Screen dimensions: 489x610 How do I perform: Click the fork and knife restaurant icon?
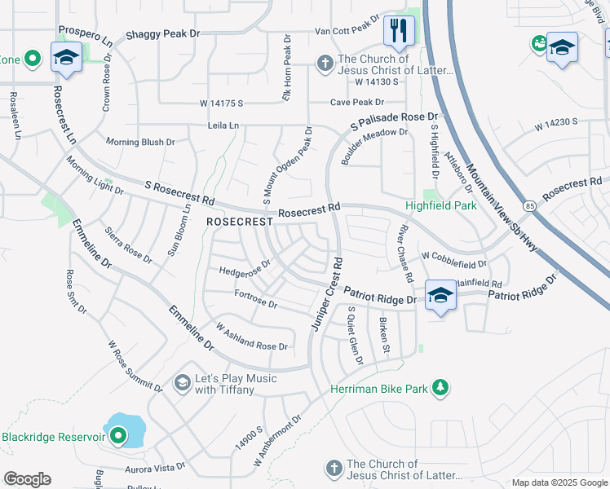[x=399, y=32]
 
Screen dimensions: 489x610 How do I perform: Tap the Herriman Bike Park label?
[x=379, y=389]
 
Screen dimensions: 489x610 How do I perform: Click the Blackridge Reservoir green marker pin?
[x=118, y=438]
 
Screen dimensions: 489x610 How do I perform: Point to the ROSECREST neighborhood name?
[x=239, y=222]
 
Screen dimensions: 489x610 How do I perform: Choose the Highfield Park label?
[x=443, y=206]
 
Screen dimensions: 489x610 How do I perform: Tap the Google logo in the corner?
[x=27, y=479]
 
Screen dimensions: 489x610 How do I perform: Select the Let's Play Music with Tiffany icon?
[x=183, y=381]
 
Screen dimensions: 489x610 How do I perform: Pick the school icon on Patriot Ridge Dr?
[x=440, y=296]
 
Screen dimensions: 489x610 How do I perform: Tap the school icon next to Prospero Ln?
[x=66, y=57]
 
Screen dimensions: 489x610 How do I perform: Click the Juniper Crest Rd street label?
[x=325, y=293]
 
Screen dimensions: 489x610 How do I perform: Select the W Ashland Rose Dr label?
[x=252, y=336]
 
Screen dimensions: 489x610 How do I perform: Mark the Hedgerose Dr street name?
[x=245, y=268]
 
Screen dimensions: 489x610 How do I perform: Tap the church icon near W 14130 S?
[x=324, y=63]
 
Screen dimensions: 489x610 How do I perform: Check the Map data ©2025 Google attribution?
[x=559, y=482]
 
